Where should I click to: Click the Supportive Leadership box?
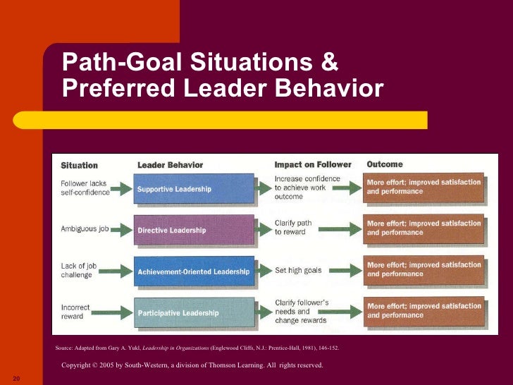click(x=193, y=189)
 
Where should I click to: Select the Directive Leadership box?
click(x=193, y=230)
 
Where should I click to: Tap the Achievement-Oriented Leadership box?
click(x=193, y=271)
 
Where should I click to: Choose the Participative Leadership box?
click(x=193, y=312)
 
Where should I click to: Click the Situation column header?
click(x=79, y=166)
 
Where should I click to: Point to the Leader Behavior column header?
click(x=170, y=165)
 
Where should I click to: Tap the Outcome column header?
click(x=385, y=164)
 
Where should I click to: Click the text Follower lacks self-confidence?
click(x=85, y=188)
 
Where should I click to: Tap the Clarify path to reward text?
click(x=293, y=228)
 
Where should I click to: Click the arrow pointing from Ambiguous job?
click(x=121, y=230)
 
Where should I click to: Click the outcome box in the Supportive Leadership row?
click(x=424, y=188)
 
